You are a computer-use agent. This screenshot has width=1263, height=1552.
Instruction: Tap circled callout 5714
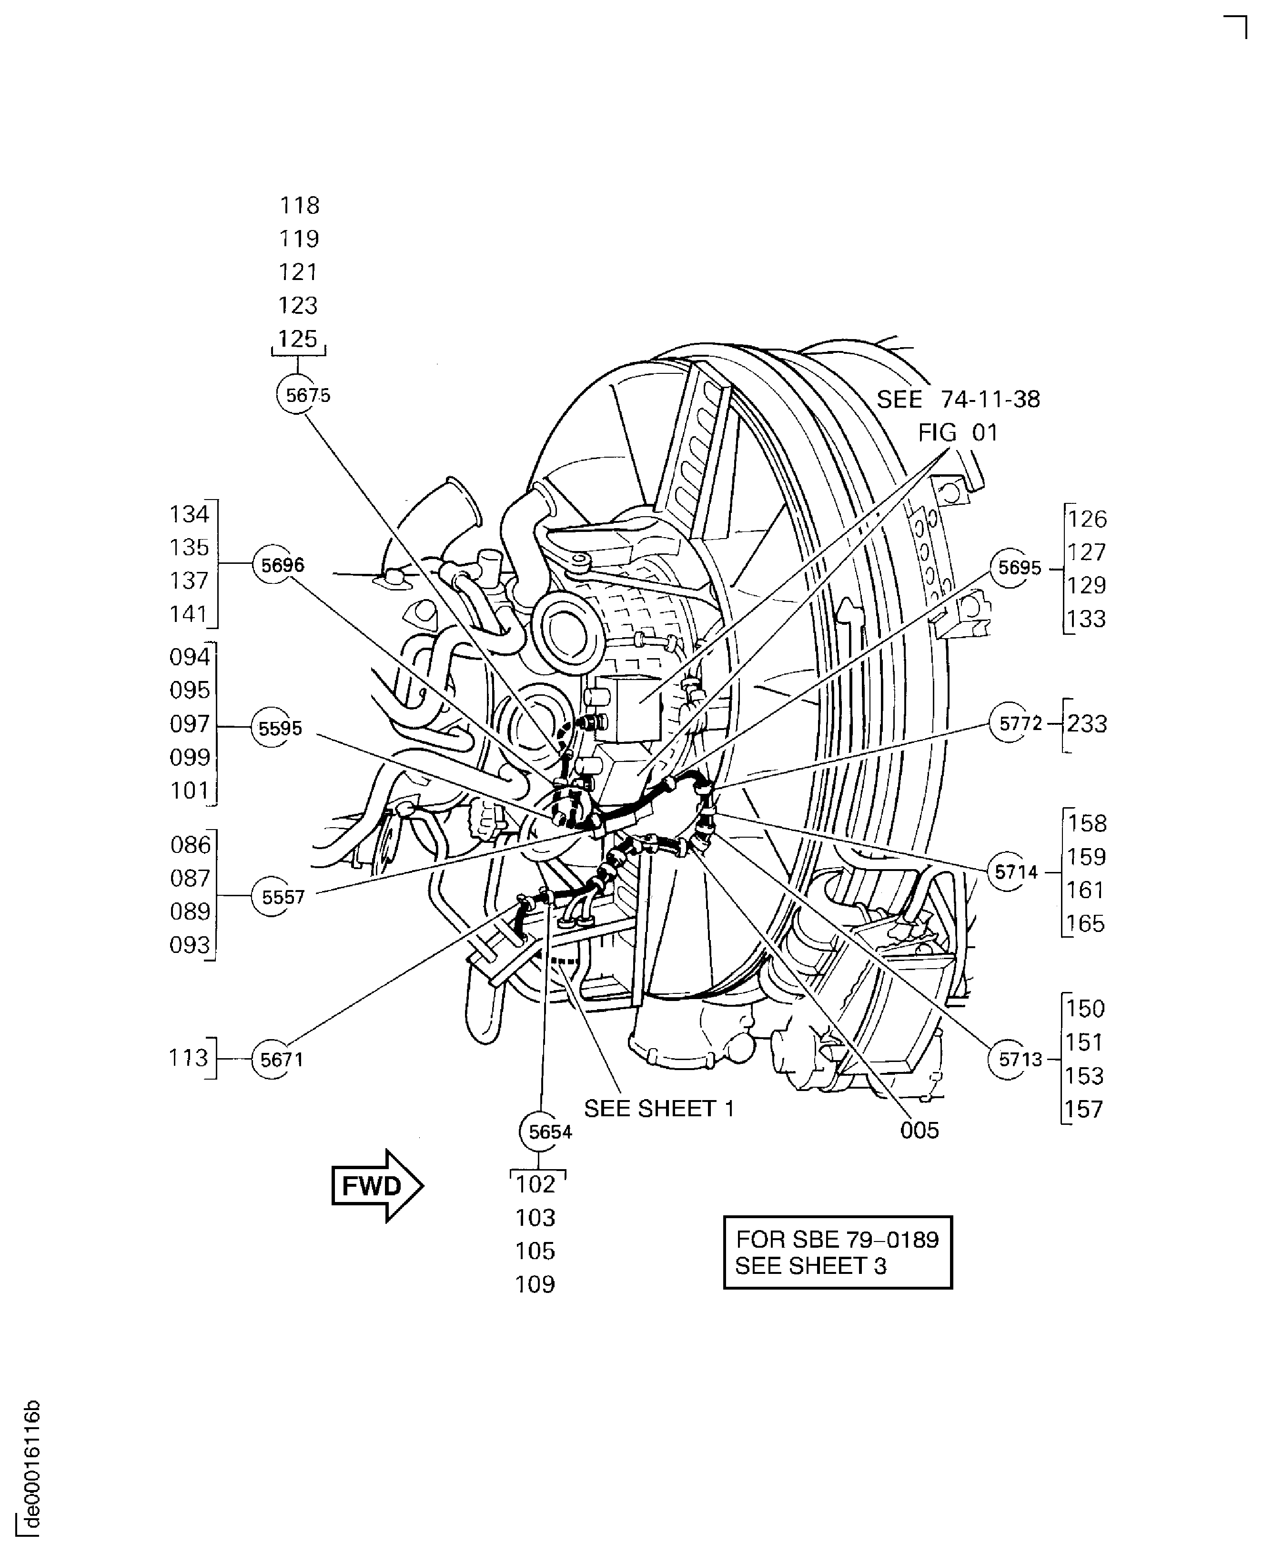[1010, 871]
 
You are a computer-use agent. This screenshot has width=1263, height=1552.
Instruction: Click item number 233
[1087, 724]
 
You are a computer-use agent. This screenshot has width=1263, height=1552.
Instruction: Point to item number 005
[919, 1130]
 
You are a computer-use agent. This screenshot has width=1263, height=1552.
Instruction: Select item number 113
[189, 1058]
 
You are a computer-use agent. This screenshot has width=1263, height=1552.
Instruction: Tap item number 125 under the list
[298, 338]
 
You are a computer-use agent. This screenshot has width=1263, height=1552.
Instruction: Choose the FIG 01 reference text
[958, 433]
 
